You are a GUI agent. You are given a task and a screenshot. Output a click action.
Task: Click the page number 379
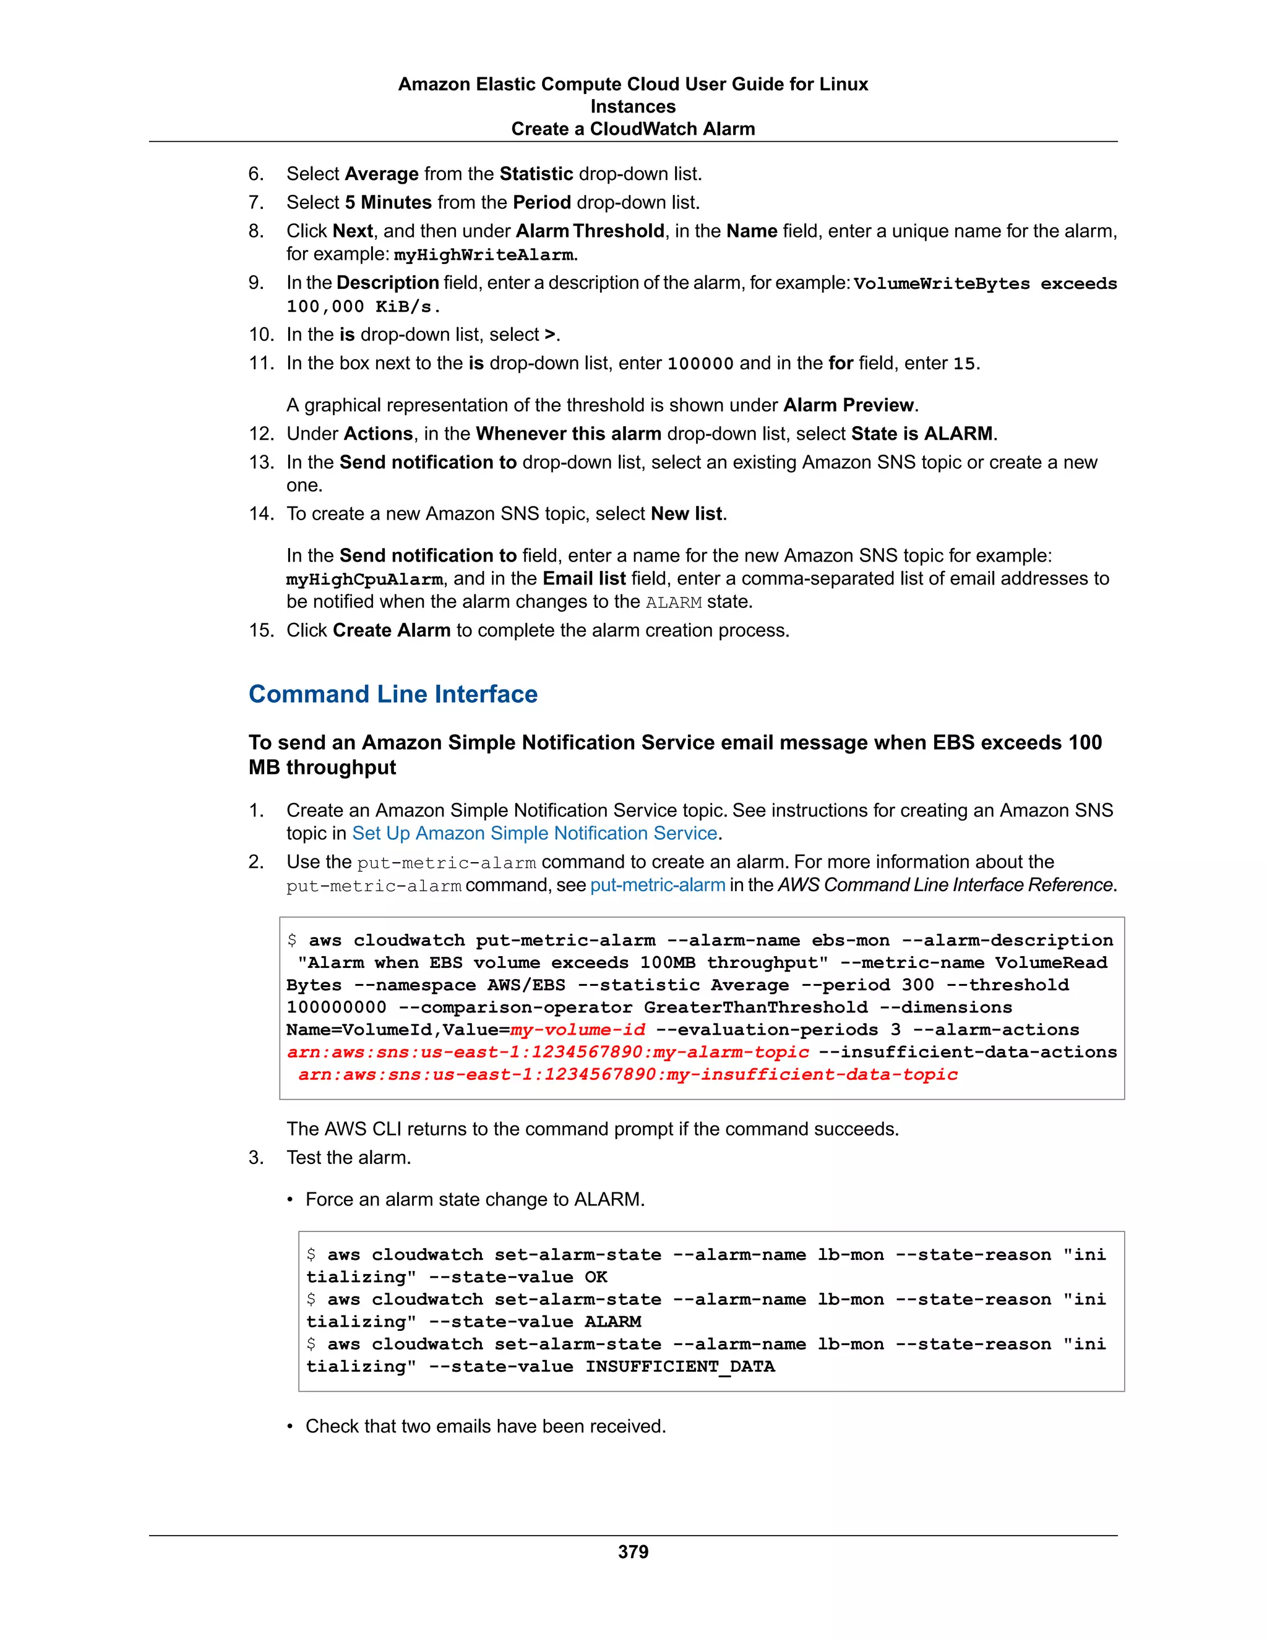tap(633, 1551)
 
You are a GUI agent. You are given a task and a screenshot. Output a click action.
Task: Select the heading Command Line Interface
tap(393, 694)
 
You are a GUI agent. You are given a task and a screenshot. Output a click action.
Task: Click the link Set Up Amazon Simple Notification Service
tap(535, 833)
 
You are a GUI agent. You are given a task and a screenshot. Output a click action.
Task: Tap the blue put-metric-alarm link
tap(658, 885)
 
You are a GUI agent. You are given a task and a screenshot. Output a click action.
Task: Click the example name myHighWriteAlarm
tap(483, 255)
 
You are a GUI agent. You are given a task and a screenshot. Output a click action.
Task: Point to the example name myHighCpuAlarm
tap(364, 580)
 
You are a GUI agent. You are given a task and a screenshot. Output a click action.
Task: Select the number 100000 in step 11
tap(700, 364)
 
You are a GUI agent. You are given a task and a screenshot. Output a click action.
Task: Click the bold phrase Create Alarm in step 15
tap(391, 630)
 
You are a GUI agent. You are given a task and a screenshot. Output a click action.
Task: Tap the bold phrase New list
tap(686, 514)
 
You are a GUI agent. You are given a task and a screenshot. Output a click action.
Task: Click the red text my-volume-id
tap(577, 1030)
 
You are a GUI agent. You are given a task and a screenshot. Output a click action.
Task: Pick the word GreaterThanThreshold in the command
tap(755, 1007)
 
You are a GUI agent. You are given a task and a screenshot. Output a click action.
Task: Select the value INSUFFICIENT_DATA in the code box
tap(679, 1367)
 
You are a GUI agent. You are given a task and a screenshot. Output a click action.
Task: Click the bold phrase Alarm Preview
tap(848, 405)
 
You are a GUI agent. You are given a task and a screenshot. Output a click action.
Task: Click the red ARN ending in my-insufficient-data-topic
tap(627, 1075)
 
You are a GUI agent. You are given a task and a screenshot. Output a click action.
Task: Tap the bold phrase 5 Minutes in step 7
tap(388, 203)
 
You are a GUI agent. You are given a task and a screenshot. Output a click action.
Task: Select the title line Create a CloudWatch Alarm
tap(633, 129)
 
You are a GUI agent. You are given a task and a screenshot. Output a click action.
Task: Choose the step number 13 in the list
tap(261, 462)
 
